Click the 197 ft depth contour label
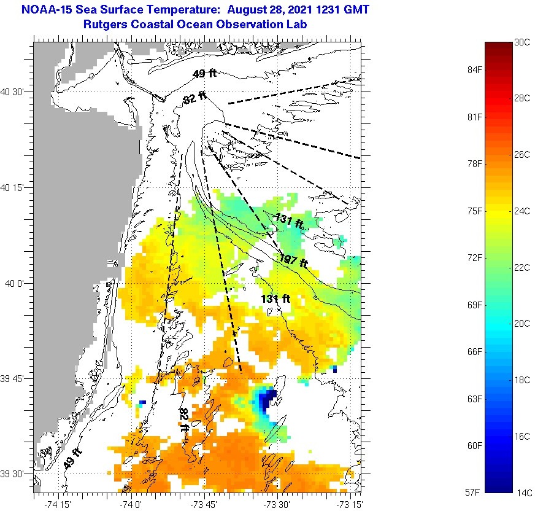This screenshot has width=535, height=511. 293,260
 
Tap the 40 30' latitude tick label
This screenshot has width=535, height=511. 12,92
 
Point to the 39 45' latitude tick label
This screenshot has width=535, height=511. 12,378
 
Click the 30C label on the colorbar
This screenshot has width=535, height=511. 522,42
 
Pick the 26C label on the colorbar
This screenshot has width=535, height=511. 522,155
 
